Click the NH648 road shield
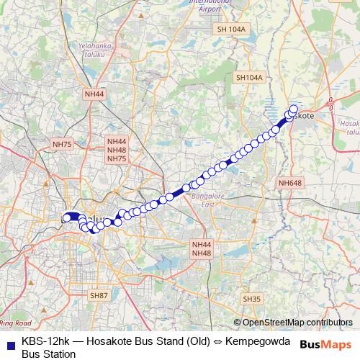point(289,183)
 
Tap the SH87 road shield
point(99,296)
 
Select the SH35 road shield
point(251,299)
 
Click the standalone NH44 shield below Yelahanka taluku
point(94,94)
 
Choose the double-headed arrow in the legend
point(217,341)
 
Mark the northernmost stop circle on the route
point(293,109)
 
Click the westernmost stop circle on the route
point(67,217)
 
